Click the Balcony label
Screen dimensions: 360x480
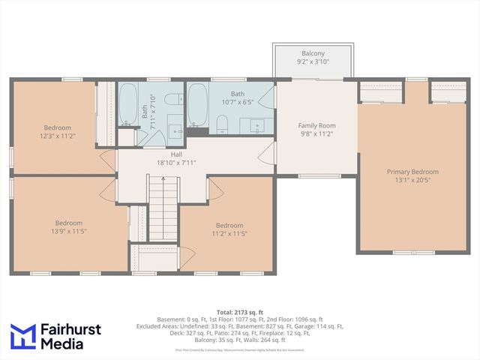tap(313, 53)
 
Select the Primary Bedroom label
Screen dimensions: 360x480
tap(412, 172)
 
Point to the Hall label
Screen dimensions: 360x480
tap(177, 154)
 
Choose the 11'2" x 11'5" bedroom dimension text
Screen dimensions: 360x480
tap(229, 234)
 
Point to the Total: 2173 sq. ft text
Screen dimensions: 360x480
tap(240, 311)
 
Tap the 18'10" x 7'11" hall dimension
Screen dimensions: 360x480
tap(177, 162)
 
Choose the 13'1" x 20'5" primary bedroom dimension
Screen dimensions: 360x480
tap(412, 181)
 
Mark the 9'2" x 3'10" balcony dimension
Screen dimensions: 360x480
tap(313, 62)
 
